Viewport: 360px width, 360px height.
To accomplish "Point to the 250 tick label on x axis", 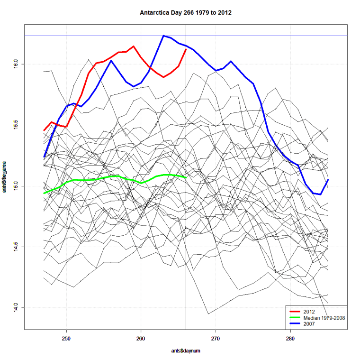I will [x=66, y=338].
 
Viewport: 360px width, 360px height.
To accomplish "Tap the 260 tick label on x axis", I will [x=141, y=338].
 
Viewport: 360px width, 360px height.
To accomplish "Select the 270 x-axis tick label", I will [x=216, y=338].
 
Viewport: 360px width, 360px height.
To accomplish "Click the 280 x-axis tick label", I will [x=290, y=338].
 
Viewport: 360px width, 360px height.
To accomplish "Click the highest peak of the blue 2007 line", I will [x=163, y=36].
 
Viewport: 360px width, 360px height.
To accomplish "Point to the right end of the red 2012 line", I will [x=186, y=49].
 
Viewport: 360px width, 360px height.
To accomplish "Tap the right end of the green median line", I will [x=186, y=177].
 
